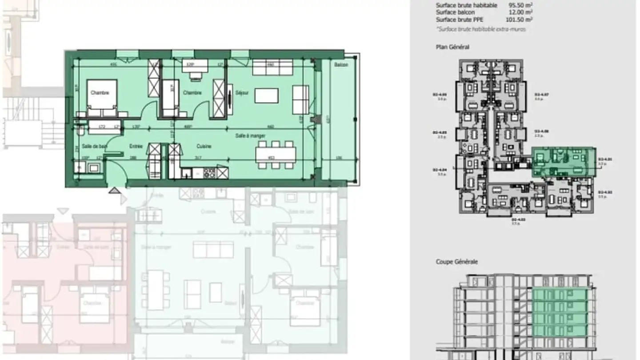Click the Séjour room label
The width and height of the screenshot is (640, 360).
click(x=242, y=93)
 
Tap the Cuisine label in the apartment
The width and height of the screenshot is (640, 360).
click(x=204, y=146)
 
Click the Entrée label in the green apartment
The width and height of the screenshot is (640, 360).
click(x=136, y=146)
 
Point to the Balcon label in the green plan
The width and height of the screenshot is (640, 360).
click(x=341, y=65)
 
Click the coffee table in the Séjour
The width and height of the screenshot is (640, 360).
click(x=266, y=96)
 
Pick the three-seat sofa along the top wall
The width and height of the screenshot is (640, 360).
click(x=272, y=68)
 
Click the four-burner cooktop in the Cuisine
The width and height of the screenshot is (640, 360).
click(x=209, y=172)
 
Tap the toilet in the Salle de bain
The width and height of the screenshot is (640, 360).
click(x=80, y=131)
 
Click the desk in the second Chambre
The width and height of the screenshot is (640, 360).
click(x=195, y=66)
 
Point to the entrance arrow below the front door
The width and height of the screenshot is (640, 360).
click(x=115, y=191)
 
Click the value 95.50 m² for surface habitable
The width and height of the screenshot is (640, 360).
click(x=520, y=5)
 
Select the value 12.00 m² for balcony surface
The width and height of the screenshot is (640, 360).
click(x=521, y=12)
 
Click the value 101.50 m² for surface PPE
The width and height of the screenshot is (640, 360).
click(x=520, y=20)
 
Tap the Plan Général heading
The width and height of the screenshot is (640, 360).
click(x=452, y=47)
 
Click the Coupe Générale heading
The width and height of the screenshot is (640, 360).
click(x=456, y=262)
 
